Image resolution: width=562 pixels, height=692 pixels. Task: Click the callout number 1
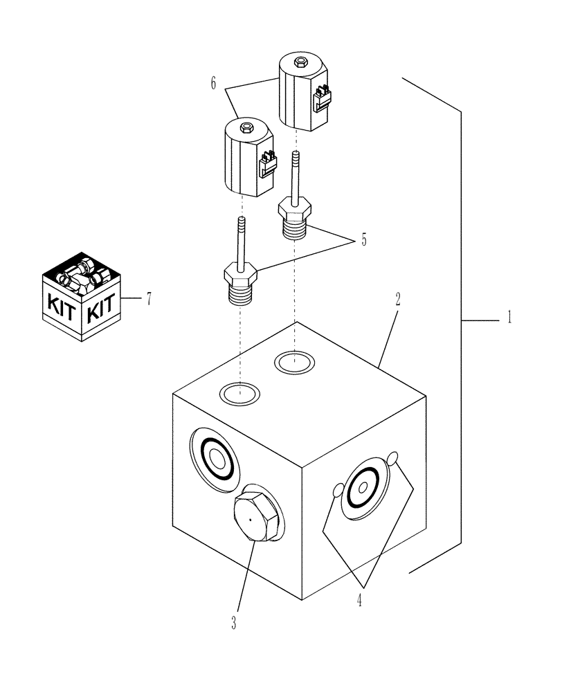coord(510,320)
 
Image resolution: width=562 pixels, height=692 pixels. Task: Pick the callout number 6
coord(214,84)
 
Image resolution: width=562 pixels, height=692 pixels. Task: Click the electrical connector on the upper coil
coord(321,99)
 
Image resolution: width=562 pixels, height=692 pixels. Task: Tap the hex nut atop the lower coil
coord(246,127)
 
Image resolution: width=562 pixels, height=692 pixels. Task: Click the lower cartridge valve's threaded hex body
coord(240,285)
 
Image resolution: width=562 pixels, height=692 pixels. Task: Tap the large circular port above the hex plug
coord(216,457)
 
